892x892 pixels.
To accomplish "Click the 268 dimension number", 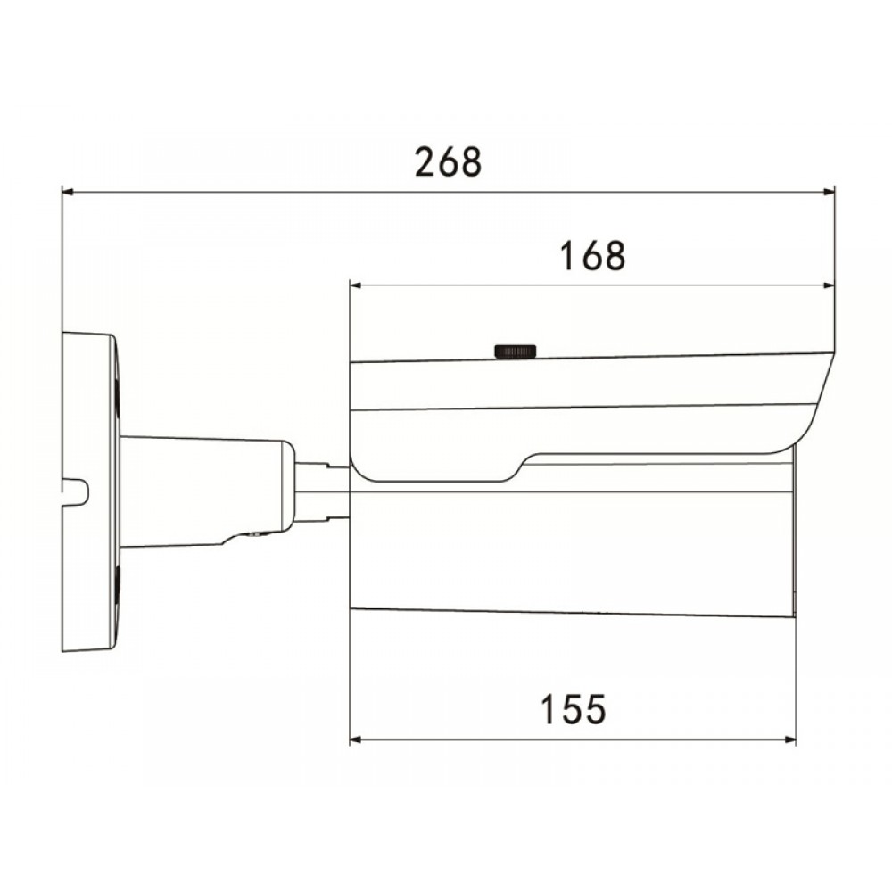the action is click(449, 161).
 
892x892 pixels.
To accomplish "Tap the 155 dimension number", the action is click(573, 709).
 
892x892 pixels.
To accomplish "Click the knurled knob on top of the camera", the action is click(516, 351).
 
